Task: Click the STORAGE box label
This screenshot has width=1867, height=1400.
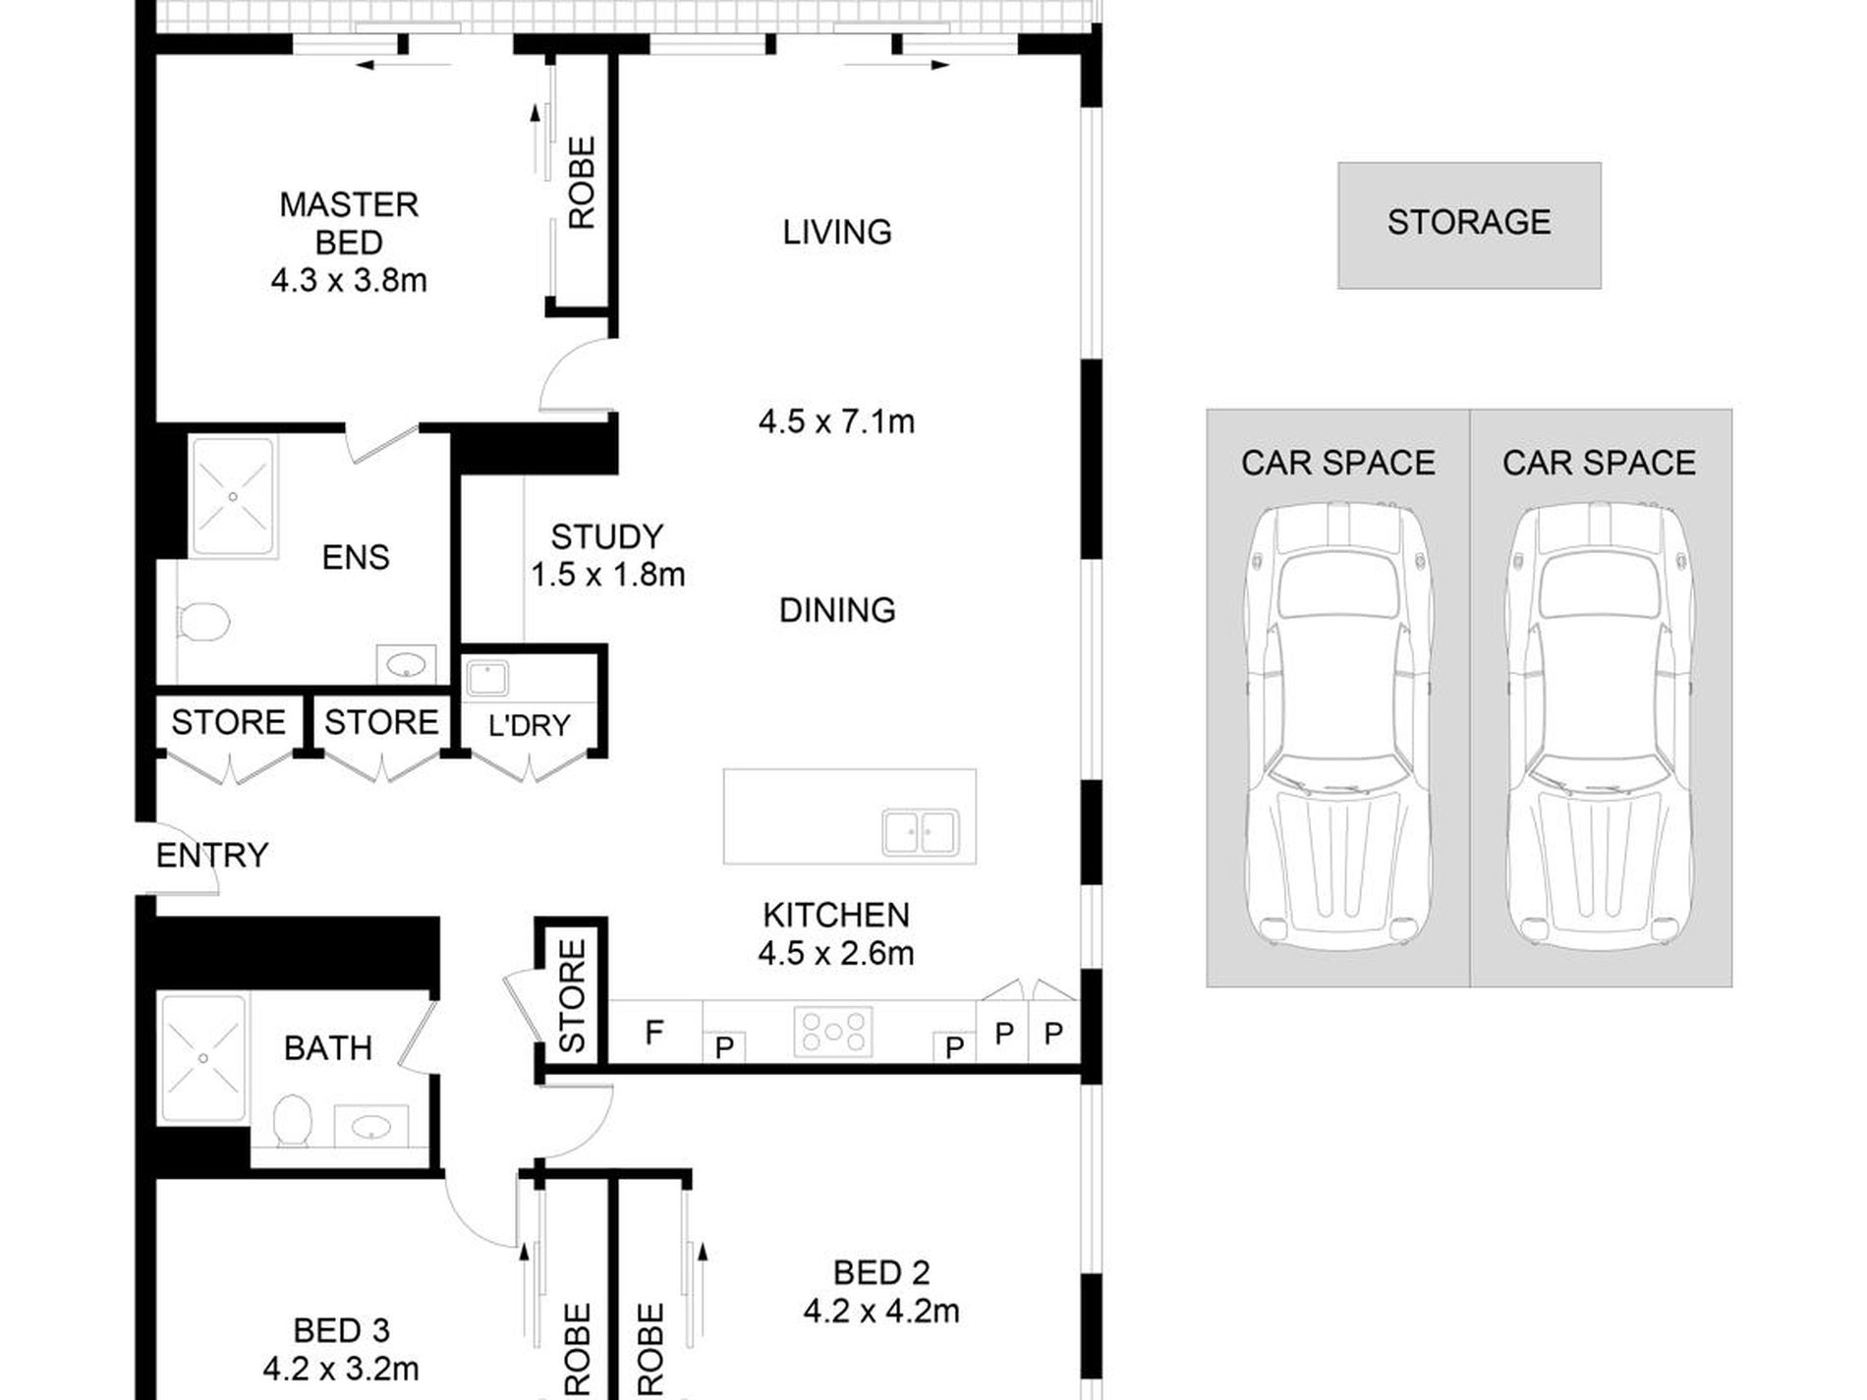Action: click(1469, 223)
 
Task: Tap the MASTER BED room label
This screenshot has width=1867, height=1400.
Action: click(349, 223)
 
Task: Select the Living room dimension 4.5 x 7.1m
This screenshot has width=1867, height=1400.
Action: click(836, 422)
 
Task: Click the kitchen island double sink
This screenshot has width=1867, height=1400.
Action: click(920, 832)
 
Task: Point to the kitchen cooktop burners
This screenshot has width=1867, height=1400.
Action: click(833, 1032)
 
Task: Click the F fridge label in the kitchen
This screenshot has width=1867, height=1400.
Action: click(653, 1032)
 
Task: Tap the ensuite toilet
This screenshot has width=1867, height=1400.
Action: click(203, 622)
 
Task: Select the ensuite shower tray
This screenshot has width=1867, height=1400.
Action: click(233, 497)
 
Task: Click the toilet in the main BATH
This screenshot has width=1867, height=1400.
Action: click(292, 1121)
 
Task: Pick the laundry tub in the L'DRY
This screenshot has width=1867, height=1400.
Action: click(486, 678)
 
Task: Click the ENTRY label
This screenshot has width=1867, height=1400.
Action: click(212, 856)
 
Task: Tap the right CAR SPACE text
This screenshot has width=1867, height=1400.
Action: click(1599, 463)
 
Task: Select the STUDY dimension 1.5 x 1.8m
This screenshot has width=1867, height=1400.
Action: click(607, 575)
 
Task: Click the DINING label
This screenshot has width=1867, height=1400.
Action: click(837, 610)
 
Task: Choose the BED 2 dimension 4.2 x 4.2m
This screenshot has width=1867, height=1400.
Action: click(881, 1311)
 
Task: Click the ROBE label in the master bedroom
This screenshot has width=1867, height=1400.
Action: click(582, 183)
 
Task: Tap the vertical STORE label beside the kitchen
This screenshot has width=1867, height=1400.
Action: click(571, 996)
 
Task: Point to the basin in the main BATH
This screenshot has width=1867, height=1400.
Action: click(370, 1126)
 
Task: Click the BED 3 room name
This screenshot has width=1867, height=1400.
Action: click(341, 1331)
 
